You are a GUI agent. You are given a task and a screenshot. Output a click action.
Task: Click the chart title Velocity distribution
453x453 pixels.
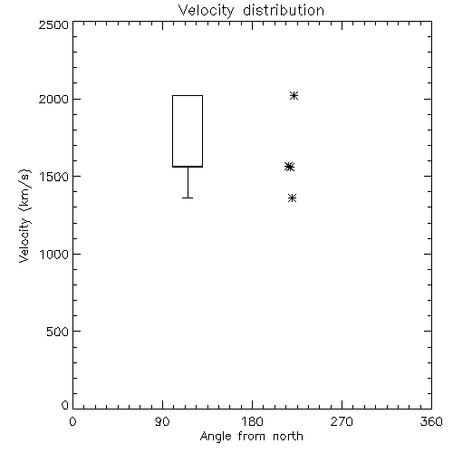coord(251,11)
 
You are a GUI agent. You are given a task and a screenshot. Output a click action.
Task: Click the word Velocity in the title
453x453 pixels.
coord(206,11)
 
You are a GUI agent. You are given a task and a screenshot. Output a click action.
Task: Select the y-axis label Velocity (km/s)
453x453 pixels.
coord(24,216)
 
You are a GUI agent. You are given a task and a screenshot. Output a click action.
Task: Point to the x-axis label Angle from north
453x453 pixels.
coord(251,437)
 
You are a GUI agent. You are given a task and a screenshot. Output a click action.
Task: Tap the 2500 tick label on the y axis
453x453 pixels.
coord(53,24)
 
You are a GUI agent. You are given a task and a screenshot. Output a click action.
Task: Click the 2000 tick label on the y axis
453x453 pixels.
coord(53,99)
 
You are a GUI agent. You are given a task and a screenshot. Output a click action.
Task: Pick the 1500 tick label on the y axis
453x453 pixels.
coord(53,177)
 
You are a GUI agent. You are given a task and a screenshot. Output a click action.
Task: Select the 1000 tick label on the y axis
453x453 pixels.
coord(53,254)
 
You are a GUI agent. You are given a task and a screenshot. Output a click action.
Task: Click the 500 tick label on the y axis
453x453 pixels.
coord(58,332)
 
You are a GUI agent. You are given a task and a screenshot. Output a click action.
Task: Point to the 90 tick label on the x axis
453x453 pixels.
coord(162,421)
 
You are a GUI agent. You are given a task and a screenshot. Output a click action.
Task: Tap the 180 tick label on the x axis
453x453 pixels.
coord(252,421)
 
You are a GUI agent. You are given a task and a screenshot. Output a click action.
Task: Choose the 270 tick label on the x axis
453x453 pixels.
coord(342,421)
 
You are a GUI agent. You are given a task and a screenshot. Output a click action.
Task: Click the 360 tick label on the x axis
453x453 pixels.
coord(431,421)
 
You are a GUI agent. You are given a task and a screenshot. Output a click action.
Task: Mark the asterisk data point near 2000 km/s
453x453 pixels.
coord(294,96)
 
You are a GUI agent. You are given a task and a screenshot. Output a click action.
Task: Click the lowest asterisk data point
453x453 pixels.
coord(292,198)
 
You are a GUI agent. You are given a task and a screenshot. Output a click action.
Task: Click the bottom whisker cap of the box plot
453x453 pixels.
coord(188,198)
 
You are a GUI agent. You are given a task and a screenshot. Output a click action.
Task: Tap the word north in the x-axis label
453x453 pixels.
coord(288,437)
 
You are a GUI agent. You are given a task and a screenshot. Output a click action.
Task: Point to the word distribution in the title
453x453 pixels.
coord(284,11)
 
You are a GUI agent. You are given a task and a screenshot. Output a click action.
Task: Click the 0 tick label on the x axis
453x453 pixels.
coord(72,421)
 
